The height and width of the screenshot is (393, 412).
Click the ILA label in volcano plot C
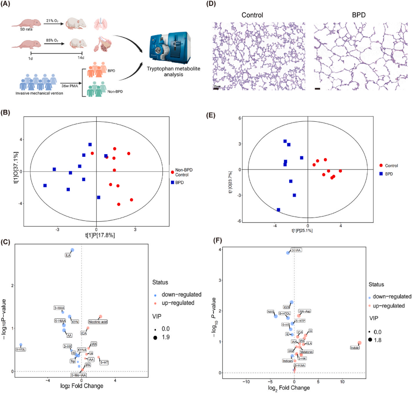[x=68, y=255]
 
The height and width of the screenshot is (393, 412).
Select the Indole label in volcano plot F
[x=355, y=348]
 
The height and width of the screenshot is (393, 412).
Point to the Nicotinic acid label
[x=98, y=322]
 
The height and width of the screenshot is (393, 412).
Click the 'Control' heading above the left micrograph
[x=252, y=15]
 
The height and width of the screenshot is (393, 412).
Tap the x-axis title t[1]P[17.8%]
[x=100, y=236]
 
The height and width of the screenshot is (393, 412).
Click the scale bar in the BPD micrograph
[x=317, y=89]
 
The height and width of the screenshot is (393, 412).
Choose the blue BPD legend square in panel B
[x=172, y=182]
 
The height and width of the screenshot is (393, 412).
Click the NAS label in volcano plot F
[x=271, y=312]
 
